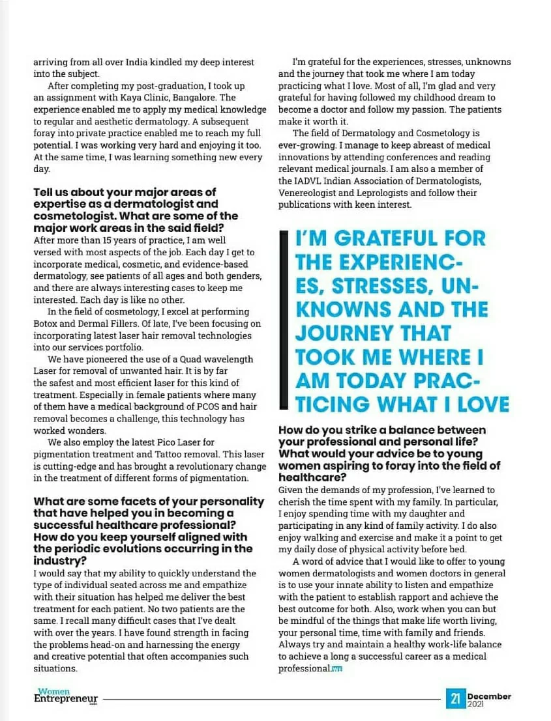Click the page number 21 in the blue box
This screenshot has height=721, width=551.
(x=455, y=700)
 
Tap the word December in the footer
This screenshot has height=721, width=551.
(x=488, y=696)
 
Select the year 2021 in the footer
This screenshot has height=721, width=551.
(x=476, y=704)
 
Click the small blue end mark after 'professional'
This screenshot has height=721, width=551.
(x=337, y=669)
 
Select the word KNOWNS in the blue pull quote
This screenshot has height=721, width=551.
(x=339, y=310)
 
